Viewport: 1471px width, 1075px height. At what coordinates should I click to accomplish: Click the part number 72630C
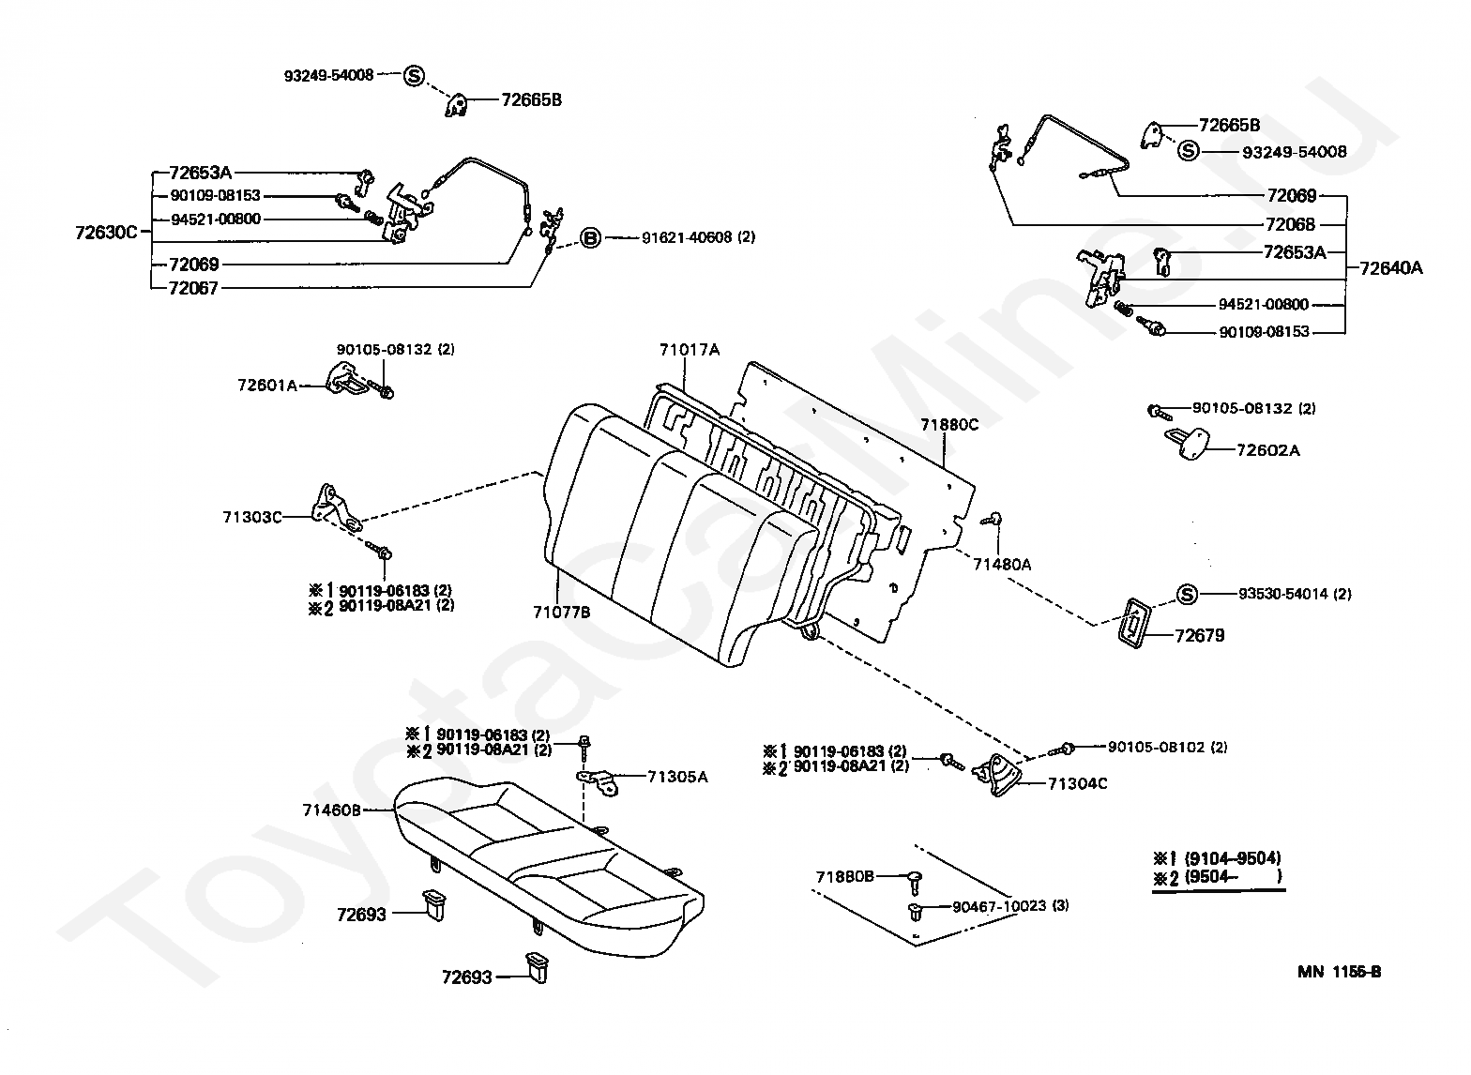[106, 232]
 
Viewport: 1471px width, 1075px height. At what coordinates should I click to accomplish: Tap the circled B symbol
[590, 238]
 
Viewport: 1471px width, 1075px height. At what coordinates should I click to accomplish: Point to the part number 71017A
[689, 350]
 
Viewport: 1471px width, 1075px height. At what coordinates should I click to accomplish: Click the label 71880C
[948, 424]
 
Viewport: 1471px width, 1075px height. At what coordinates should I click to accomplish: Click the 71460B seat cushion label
[331, 810]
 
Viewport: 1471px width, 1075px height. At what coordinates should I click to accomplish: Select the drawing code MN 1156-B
[1339, 972]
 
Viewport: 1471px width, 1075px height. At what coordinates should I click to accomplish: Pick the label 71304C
[1077, 783]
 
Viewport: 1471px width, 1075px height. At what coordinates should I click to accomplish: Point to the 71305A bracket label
[677, 777]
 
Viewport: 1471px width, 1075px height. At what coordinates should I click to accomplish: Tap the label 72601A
[266, 385]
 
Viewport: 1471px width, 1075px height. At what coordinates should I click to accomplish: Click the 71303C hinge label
[251, 517]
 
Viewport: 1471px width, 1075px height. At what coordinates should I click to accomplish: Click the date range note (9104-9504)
[1231, 858]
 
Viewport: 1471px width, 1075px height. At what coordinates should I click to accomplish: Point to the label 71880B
[844, 876]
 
